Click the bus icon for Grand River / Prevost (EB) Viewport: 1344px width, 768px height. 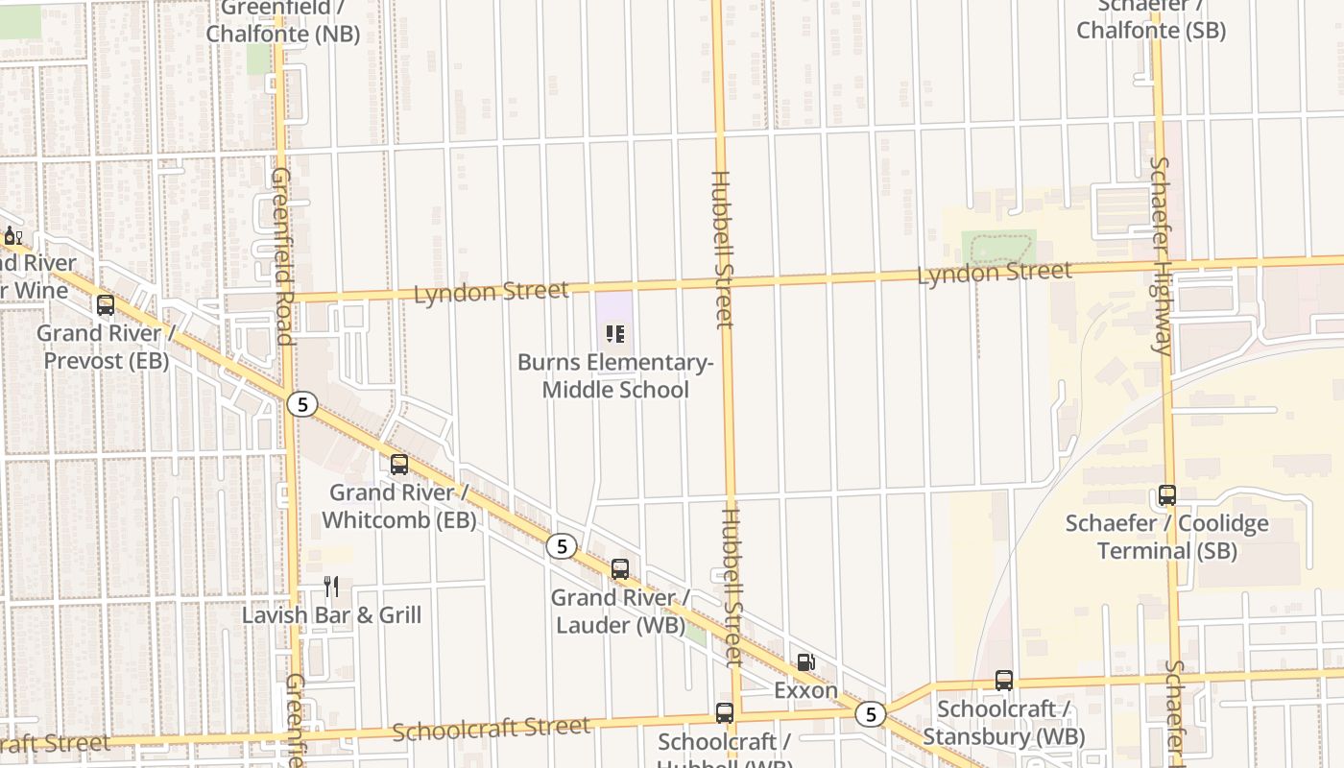point(106,305)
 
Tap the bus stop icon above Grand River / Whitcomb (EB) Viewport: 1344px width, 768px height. point(399,465)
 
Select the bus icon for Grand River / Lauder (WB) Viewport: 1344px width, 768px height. point(620,569)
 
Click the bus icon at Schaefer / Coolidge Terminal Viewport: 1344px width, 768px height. point(1167,495)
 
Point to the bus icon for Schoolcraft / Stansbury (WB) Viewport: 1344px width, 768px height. point(1004,681)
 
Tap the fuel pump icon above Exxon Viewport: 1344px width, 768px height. point(806,661)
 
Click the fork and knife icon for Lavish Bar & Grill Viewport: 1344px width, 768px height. point(331,587)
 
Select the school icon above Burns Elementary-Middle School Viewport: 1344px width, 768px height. point(615,334)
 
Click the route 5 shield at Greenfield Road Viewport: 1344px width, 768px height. point(302,404)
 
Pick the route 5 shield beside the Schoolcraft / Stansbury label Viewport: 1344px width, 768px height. point(870,713)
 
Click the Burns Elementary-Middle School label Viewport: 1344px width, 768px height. point(615,376)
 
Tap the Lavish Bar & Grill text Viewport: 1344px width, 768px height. point(331,615)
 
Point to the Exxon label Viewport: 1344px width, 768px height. point(806,690)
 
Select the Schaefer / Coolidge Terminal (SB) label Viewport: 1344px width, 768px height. point(1167,538)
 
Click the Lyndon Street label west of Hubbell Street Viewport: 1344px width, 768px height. point(492,292)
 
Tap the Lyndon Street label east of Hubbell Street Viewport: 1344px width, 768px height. point(995,274)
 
